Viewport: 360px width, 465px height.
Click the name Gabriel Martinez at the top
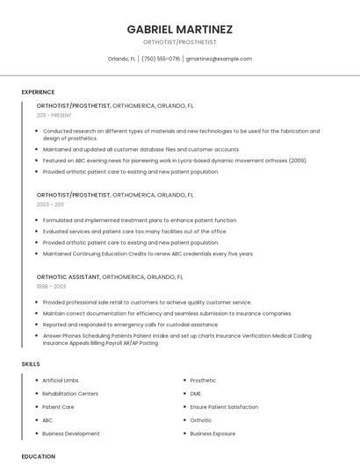point(179,29)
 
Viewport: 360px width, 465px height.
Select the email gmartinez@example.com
point(219,59)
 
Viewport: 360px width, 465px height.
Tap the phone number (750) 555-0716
point(161,59)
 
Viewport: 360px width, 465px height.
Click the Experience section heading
point(38,92)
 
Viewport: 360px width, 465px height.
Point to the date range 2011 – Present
point(54,115)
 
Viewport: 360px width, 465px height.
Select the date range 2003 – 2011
point(50,204)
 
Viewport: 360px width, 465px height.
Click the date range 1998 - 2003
point(51,286)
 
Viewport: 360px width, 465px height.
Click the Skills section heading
point(31,363)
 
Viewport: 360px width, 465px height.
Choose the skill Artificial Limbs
point(61,381)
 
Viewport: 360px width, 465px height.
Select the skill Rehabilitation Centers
point(70,394)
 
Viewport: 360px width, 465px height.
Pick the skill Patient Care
point(58,407)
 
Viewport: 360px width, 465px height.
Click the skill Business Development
point(71,433)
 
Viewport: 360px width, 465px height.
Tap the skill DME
point(196,394)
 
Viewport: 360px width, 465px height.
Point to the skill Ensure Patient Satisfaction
point(224,407)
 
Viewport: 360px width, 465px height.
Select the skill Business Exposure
point(212,433)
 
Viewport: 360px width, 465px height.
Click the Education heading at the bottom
point(39,456)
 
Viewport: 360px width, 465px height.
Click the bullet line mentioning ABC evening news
point(175,161)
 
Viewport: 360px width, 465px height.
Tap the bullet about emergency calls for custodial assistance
point(130,324)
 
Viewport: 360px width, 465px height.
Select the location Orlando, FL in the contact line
point(121,59)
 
